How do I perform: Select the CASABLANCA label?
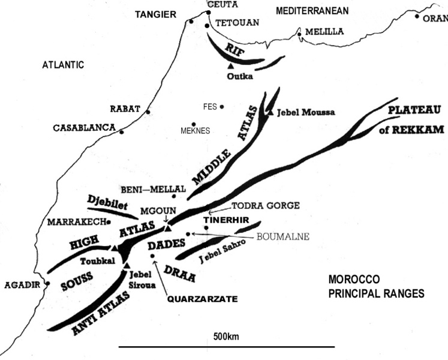(84, 128)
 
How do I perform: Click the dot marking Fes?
(222, 107)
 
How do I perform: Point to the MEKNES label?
(195, 130)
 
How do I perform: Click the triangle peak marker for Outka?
(231, 65)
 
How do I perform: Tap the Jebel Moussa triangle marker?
(270, 112)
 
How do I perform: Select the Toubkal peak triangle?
(114, 247)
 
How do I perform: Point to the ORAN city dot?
(417, 16)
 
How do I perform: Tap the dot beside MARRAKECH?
(109, 222)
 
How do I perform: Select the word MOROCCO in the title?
(354, 280)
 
